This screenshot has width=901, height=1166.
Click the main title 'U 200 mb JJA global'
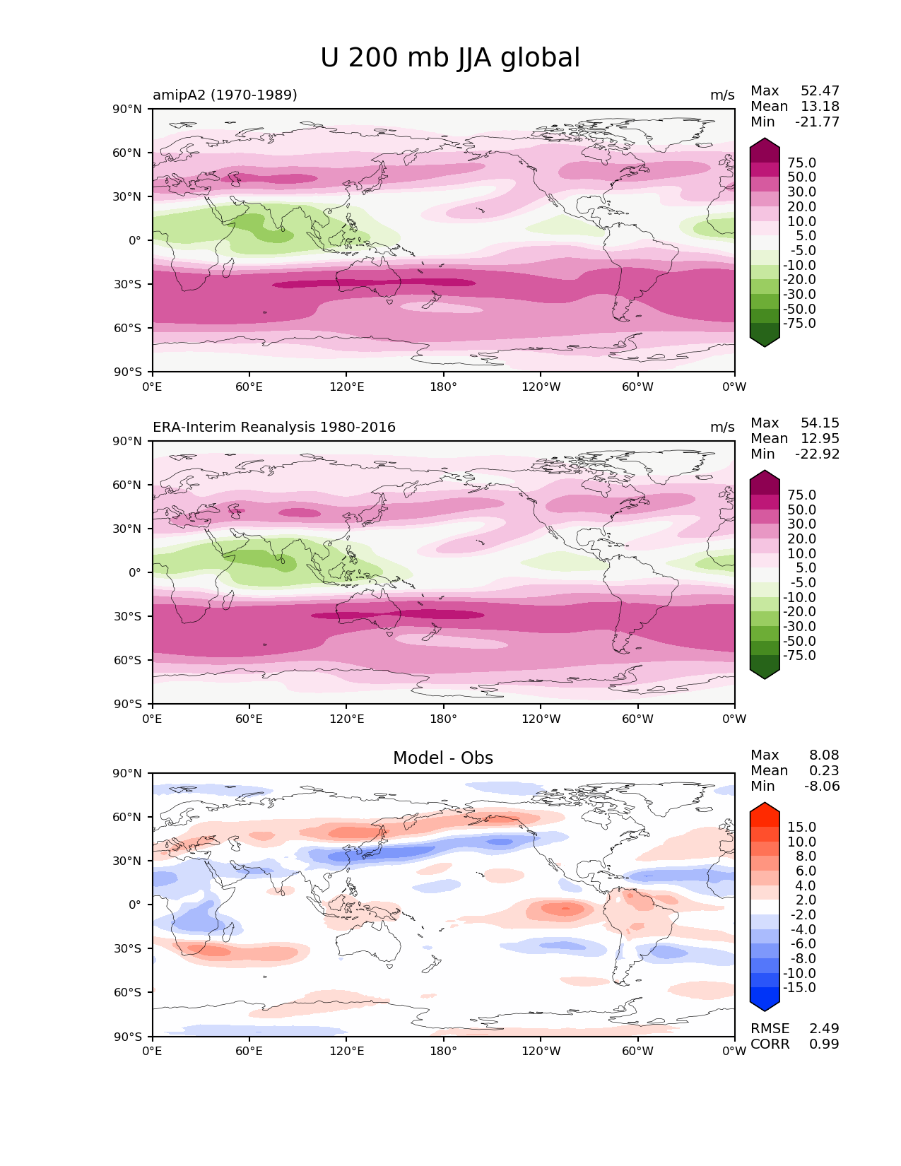point(450,58)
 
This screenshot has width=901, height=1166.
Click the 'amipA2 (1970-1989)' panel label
point(225,95)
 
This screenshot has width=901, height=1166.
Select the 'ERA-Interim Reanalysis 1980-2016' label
point(274,427)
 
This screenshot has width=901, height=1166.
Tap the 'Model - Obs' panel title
point(443,758)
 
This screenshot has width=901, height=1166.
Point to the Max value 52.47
point(820,91)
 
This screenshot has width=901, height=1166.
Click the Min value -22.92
point(818,454)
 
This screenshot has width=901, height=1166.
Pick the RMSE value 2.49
point(824,1028)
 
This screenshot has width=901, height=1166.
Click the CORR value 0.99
point(824,1044)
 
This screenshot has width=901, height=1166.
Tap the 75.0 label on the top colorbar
point(801,163)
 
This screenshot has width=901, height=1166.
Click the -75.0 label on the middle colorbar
point(799,655)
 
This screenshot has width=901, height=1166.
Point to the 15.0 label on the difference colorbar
point(801,827)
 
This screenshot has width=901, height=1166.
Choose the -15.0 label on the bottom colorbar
point(799,987)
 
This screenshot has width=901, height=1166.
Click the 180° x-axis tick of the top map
point(443,387)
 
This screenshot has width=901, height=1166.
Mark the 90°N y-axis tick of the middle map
point(127,441)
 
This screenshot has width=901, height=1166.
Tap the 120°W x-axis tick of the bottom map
point(541,1051)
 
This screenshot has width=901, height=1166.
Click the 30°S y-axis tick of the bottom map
point(127,948)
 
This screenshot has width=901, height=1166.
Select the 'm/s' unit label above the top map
point(722,95)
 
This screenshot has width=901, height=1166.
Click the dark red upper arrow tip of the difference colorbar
point(765,808)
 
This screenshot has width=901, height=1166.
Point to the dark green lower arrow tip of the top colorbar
point(765,342)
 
